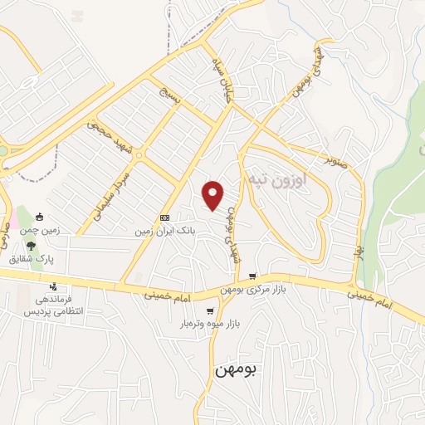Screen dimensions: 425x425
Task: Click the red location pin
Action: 214,194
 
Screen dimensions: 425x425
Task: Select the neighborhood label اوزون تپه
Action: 277,178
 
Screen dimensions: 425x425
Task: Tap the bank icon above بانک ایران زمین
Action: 164,218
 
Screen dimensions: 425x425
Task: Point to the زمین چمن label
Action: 39,230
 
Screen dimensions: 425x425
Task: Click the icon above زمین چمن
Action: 38,217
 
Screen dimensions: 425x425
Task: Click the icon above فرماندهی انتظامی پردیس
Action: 53,287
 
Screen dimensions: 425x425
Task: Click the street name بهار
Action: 359,250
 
